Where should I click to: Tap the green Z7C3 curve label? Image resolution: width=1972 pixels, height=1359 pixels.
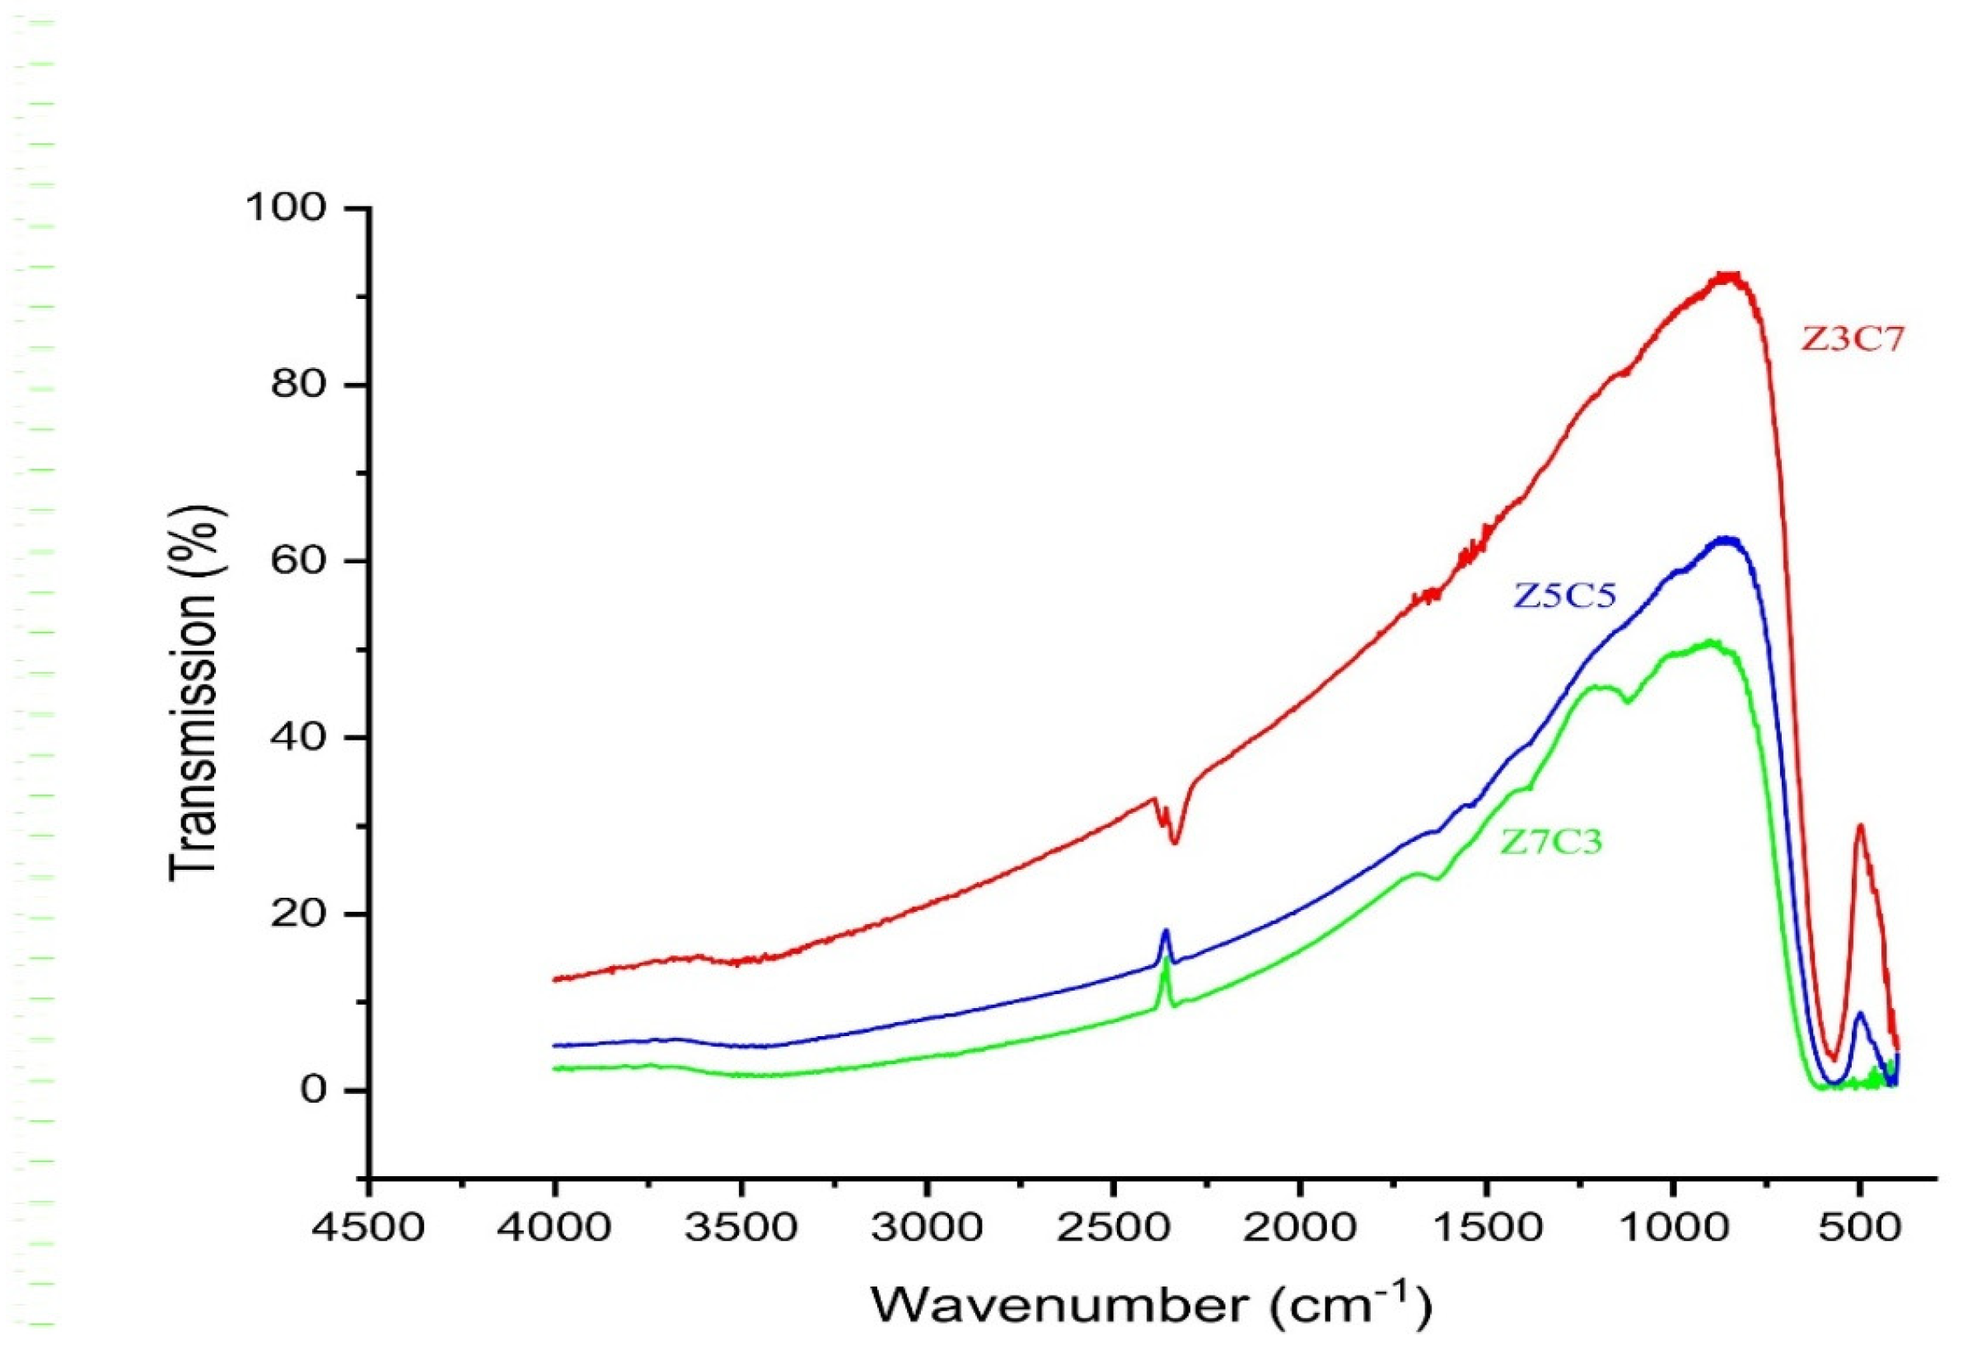[1551, 842]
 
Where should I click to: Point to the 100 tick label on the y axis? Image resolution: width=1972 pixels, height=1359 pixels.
[286, 208]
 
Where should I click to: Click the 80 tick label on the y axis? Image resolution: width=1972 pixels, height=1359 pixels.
[299, 385]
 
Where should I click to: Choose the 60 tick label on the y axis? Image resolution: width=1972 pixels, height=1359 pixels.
[299, 561]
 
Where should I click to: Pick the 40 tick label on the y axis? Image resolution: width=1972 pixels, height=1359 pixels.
[299, 737]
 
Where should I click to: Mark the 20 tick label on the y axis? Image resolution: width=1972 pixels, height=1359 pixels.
[299, 913]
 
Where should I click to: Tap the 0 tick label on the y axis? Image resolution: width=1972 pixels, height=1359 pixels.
[312, 1090]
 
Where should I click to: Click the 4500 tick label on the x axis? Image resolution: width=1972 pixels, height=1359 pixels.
[369, 1229]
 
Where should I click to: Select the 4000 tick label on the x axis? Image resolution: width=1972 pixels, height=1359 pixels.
[554, 1229]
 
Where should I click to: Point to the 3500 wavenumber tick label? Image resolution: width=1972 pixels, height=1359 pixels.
[741, 1229]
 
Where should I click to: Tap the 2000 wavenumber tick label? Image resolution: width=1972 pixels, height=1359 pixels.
[1300, 1229]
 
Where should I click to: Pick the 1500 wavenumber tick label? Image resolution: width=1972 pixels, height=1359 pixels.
[1487, 1229]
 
